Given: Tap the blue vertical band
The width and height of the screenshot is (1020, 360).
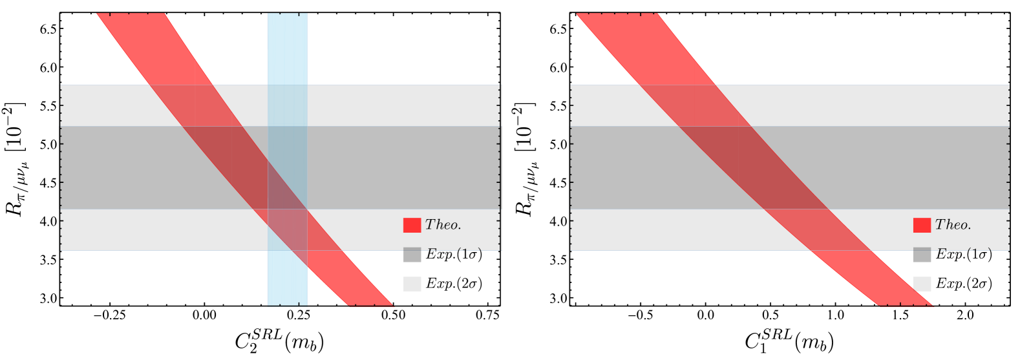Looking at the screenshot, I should click(x=288, y=52).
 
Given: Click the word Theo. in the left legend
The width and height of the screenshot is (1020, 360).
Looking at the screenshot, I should click(x=443, y=225).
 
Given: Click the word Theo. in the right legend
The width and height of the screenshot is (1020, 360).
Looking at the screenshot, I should click(x=953, y=225).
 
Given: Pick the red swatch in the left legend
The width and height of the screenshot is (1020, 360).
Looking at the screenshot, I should click(x=412, y=225).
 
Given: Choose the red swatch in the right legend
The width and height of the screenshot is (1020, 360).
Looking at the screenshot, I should click(x=922, y=225).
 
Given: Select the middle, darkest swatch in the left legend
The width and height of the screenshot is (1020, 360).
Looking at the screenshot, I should click(x=412, y=255).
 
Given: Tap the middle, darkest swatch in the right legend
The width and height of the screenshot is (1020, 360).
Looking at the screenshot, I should click(x=922, y=255).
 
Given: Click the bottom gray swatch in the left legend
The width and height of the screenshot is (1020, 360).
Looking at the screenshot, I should click(x=412, y=284).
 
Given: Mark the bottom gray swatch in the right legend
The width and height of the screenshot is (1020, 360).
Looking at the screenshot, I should click(x=922, y=284).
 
